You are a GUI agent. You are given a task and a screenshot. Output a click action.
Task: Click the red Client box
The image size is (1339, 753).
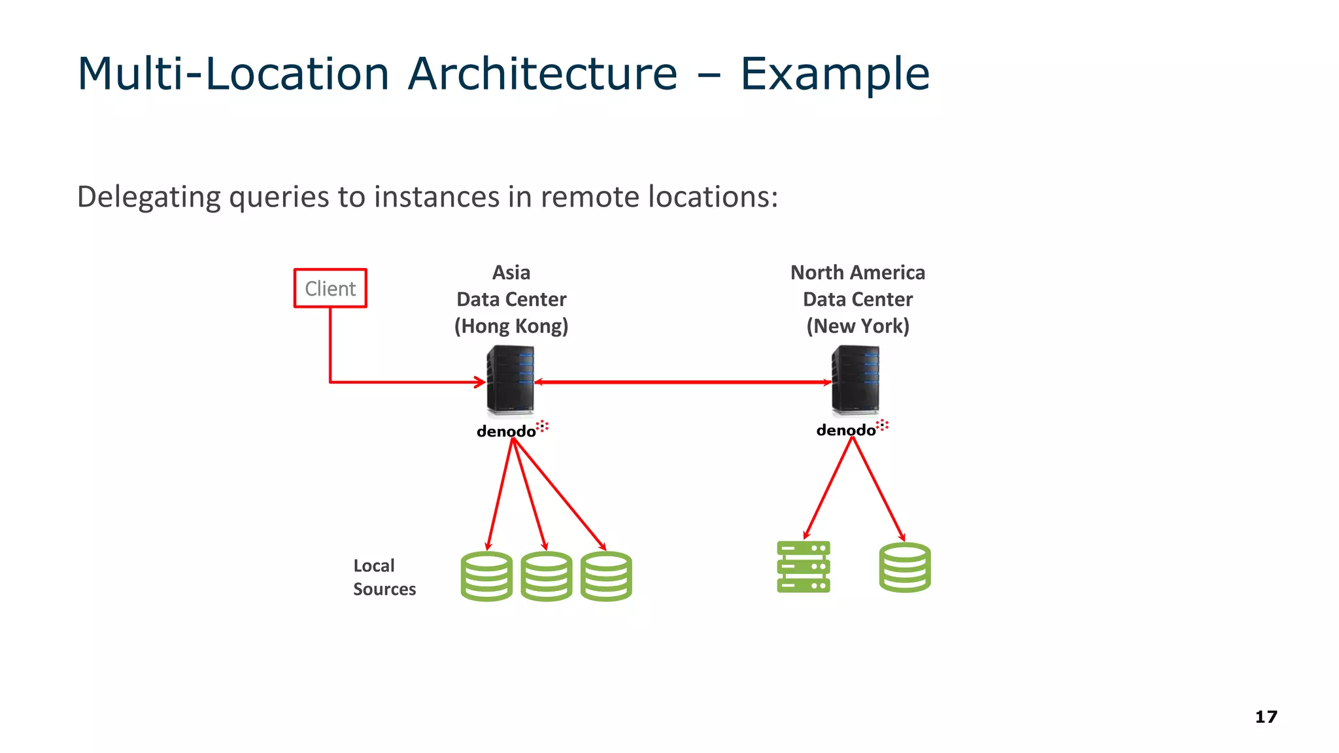(x=330, y=288)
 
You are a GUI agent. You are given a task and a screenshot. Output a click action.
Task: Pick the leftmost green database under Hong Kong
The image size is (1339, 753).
(x=486, y=577)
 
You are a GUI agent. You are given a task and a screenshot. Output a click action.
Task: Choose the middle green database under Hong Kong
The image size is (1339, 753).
(x=547, y=577)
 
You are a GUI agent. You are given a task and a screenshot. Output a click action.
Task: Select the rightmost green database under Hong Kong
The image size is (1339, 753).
(x=606, y=577)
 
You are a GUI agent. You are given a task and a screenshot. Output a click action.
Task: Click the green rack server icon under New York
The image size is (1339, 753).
(x=804, y=567)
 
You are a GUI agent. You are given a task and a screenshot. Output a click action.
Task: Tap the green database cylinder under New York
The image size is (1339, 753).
(x=905, y=567)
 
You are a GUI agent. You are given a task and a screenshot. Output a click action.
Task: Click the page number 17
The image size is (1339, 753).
(x=1266, y=717)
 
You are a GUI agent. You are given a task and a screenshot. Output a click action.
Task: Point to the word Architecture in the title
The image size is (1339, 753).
(x=542, y=73)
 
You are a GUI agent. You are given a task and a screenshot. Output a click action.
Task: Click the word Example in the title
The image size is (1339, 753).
(x=834, y=73)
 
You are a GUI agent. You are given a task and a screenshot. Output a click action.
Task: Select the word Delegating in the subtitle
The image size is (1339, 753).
(x=149, y=197)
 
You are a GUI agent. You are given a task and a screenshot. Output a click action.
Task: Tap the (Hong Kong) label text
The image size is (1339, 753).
(x=511, y=326)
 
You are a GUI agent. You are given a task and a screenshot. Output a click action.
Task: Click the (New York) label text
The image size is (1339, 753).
(x=857, y=326)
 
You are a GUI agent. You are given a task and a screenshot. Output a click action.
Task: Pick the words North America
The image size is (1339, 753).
(x=857, y=273)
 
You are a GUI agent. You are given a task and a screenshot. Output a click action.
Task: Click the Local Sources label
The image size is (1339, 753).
(x=384, y=577)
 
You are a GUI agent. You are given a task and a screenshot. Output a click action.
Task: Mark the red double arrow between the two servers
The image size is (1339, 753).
(x=683, y=382)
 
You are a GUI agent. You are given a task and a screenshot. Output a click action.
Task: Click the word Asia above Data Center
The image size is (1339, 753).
(x=511, y=273)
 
